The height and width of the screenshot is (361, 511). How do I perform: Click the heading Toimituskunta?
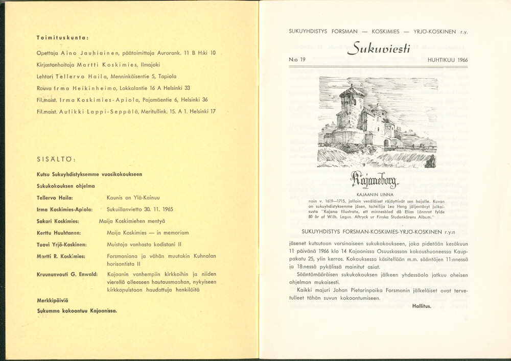(63, 37)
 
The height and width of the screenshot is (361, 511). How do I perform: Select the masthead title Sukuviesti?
(378, 48)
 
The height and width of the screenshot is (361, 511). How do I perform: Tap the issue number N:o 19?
(297, 60)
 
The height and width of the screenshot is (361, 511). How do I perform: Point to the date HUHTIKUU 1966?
(448, 60)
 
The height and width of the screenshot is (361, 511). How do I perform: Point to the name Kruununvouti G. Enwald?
(67, 274)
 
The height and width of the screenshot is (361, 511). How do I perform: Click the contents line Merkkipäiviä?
(52, 300)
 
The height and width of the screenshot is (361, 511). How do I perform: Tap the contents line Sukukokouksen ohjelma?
(65, 186)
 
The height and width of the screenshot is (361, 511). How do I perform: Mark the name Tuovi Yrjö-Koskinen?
(61, 245)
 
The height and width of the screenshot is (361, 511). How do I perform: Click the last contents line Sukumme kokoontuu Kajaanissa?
(77, 310)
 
